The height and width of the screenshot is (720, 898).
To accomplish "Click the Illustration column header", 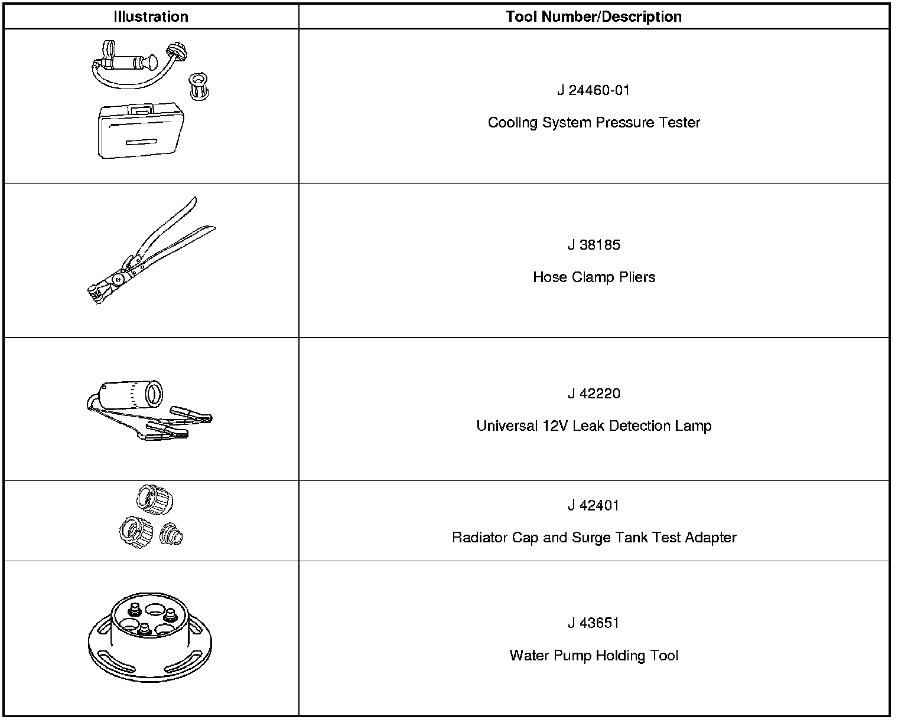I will [151, 17].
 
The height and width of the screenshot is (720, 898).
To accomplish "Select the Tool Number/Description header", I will [594, 17].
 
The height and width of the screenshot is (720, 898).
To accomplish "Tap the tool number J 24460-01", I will [594, 90].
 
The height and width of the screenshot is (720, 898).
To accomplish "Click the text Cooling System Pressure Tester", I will [594, 123].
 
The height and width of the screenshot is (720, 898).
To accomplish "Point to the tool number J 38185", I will [594, 245].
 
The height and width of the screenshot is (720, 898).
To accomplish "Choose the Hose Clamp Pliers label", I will [594, 277].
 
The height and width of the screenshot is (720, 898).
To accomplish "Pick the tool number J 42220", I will [594, 394].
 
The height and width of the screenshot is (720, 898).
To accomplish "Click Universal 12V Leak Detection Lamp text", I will [594, 426].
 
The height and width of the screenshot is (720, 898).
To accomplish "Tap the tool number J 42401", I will [594, 505].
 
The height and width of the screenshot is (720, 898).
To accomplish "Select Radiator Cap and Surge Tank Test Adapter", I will [594, 538].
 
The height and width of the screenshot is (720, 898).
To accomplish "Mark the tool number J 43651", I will [594, 623].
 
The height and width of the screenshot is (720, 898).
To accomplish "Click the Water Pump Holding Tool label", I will [594, 656].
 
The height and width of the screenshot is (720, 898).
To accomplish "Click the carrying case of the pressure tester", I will [142, 133].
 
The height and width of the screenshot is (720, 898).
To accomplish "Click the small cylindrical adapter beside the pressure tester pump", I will [198, 86].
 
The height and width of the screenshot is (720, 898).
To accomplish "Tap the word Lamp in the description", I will [694, 426].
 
